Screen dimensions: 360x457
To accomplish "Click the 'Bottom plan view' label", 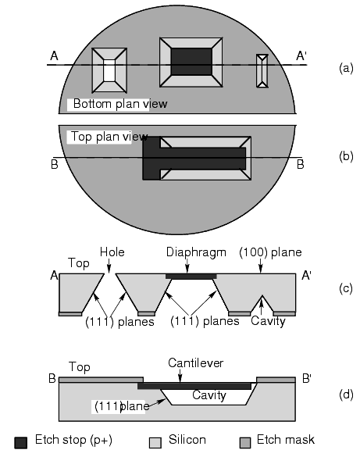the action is point(120,104).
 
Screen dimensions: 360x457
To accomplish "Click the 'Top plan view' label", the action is point(109,137).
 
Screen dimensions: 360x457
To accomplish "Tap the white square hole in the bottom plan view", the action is point(109,70).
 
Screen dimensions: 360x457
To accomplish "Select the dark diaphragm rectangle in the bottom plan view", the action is point(191,62).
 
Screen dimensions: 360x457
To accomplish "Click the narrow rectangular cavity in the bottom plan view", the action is point(262,71).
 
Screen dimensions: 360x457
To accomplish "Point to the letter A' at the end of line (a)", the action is point(301,55).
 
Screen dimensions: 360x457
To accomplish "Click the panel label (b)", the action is point(346,156).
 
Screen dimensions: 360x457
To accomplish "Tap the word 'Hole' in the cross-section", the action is point(112,252).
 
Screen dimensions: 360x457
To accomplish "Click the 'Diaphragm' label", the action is point(196,252).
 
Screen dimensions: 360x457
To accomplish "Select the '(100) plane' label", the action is point(270,252).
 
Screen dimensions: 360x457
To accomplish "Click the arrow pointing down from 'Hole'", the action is point(109,266).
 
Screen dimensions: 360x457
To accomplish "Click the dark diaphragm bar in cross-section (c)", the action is point(191,277).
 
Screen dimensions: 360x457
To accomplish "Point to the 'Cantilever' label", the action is point(196,363).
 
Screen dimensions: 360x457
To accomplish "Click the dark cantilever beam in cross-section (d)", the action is point(194,386).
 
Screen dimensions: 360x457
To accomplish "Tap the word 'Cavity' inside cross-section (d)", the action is point(209,395).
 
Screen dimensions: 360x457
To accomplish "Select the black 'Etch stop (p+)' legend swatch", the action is point(20,442).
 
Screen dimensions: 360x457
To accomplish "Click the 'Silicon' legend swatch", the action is point(155,442).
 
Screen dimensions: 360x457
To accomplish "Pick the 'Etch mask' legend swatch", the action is point(245,442).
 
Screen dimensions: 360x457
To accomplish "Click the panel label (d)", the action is point(346,395).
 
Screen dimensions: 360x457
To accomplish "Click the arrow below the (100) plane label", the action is point(260,266).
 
